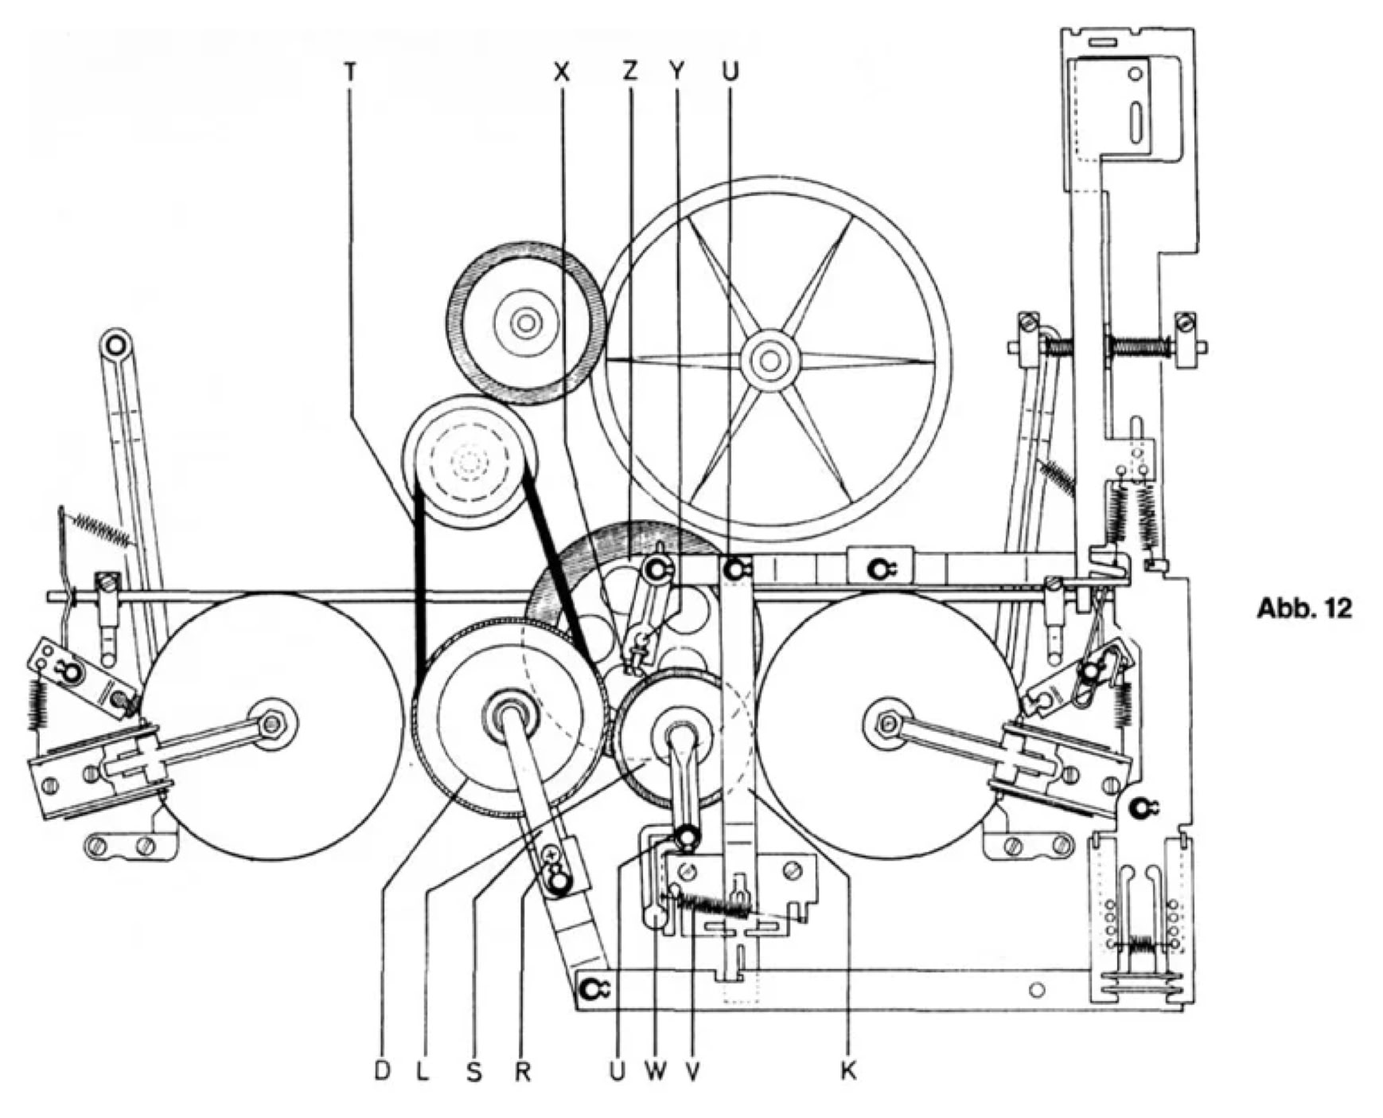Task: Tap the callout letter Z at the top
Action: pos(630,72)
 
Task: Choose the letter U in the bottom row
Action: pos(617,1071)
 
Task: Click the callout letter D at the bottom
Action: pos(383,1071)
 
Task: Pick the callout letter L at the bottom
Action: pos(423,1071)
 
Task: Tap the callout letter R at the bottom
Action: pos(522,1071)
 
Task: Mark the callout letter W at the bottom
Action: pos(656,1071)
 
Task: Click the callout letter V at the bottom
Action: pos(692,1071)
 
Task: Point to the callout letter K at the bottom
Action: pos(848,1071)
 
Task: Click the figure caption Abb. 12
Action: pos(1303,608)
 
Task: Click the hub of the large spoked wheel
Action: pos(769,361)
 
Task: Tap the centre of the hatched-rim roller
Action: pos(524,323)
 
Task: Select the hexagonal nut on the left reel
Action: pos(274,724)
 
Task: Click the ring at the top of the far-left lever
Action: pos(116,345)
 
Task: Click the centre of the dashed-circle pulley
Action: pos(469,460)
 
